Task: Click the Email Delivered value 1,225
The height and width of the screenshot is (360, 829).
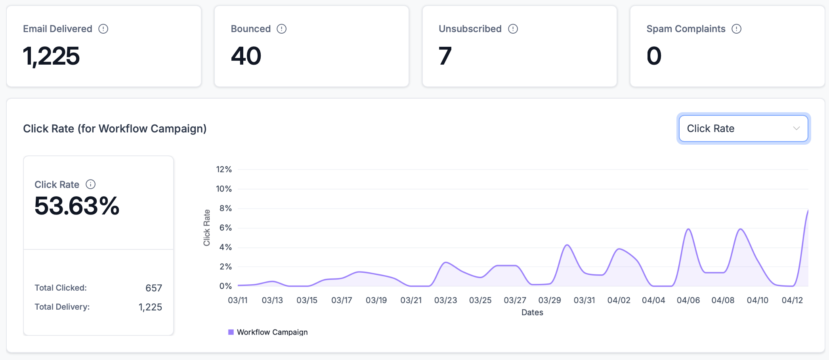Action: (x=51, y=56)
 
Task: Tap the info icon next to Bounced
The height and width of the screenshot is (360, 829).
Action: (x=281, y=29)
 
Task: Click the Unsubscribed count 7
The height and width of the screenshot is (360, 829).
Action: (x=445, y=56)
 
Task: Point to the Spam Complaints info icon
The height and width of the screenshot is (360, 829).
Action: (x=736, y=29)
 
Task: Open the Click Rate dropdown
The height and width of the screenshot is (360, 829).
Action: (x=743, y=128)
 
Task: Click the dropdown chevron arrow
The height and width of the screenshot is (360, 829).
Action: (x=796, y=128)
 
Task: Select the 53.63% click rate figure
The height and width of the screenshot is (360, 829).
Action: (x=77, y=206)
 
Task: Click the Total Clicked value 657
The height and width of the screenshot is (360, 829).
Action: (x=153, y=288)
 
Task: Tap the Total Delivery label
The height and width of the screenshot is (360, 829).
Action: (x=62, y=307)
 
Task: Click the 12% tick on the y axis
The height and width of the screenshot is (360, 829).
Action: (x=223, y=169)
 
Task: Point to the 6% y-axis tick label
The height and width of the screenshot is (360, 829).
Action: (x=225, y=228)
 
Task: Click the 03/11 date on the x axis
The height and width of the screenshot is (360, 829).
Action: (x=238, y=300)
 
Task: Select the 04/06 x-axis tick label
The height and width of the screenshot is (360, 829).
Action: (x=688, y=300)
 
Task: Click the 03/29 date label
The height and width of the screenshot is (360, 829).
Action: (x=549, y=300)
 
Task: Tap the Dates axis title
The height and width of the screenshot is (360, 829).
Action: (x=532, y=312)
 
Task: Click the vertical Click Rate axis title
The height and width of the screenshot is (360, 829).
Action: (x=206, y=228)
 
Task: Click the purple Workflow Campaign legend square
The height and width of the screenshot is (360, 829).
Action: (x=231, y=332)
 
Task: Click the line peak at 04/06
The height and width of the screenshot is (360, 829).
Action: (x=688, y=229)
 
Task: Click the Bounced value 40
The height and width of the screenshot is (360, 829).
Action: (x=246, y=56)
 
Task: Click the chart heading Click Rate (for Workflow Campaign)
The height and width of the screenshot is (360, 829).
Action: (x=115, y=128)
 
